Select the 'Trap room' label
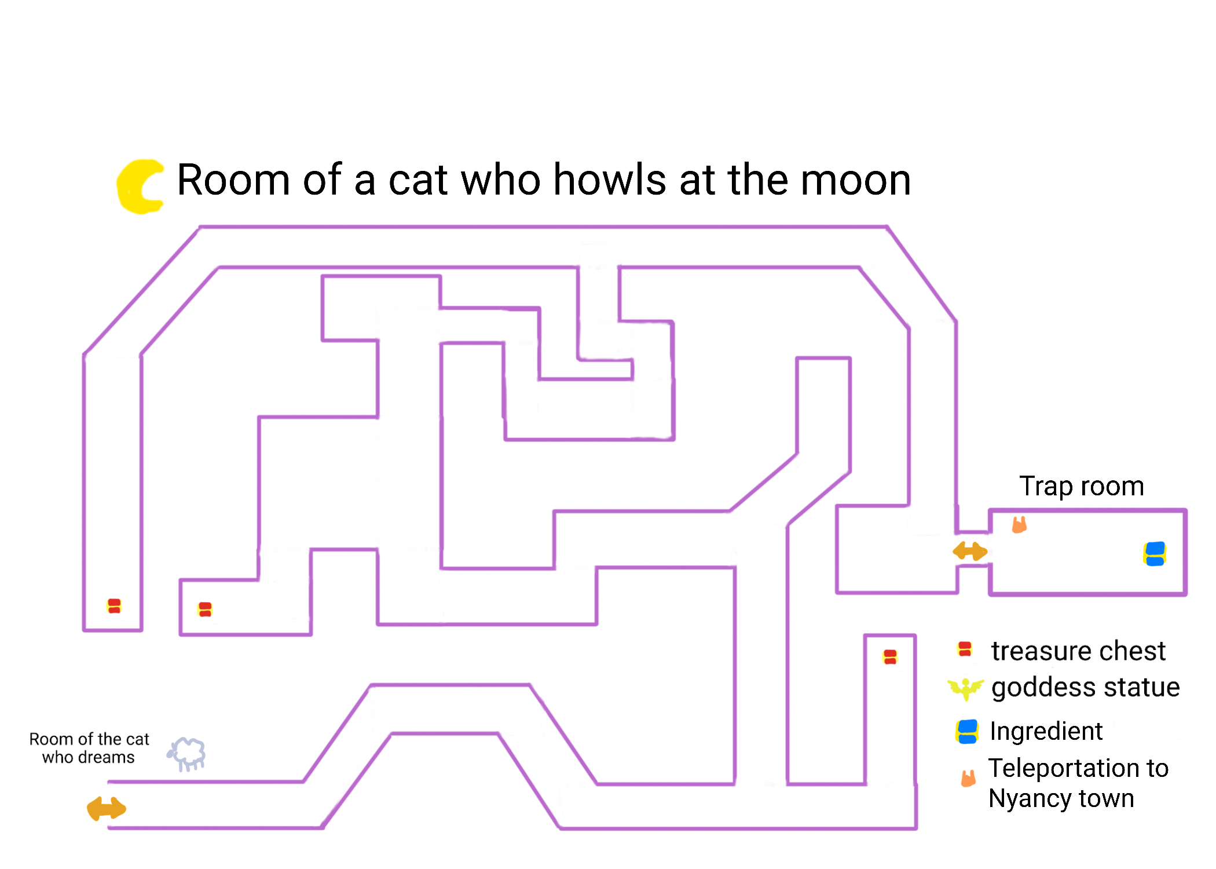click(1081, 486)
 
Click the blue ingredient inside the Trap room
click(1154, 553)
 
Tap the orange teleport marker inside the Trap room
click(1019, 525)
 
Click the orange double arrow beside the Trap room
click(970, 551)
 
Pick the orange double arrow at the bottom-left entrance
click(107, 808)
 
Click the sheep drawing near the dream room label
click(187, 754)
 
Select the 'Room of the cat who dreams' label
click(89, 748)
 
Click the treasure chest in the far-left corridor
click(114, 606)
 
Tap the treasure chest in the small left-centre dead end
click(205, 609)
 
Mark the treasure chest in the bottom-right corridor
click(890, 657)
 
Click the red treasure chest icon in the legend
click(965, 649)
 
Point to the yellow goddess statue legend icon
click(965, 688)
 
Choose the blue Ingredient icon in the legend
click(967, 731)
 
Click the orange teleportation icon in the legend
click(968, 778)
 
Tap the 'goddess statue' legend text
click(1085, 688)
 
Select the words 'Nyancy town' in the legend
click(1061, 798)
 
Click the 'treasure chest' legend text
click(1078, 651)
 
